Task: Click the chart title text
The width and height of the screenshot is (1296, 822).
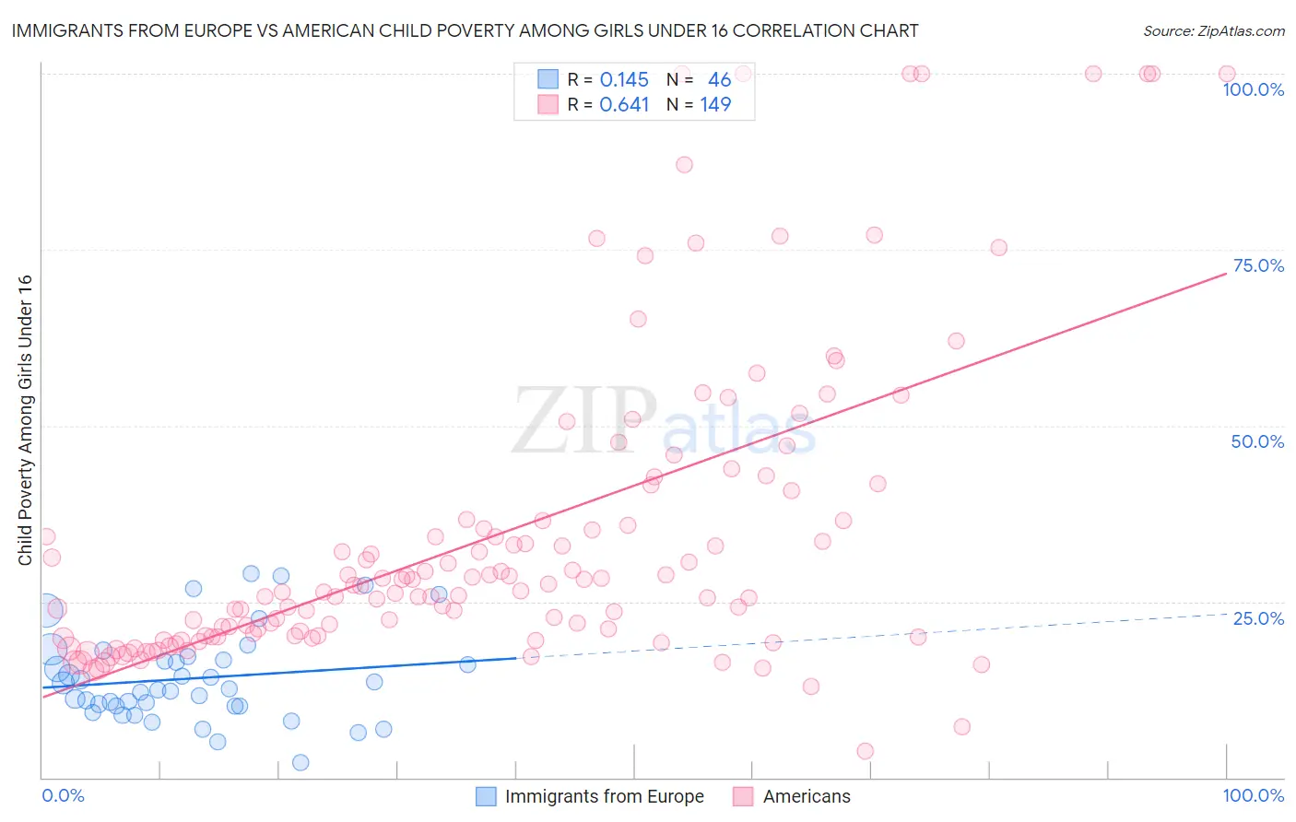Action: (464, 30)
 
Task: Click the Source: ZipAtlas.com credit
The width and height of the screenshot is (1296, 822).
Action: (1213, 30)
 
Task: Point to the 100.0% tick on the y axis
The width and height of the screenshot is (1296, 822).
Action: (1253, 89)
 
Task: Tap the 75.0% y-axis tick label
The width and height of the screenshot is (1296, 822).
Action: (1258, 265)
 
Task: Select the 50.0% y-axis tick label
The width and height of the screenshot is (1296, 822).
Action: (1257, 441)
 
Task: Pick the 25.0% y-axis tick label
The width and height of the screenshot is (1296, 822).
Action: (1258, 617)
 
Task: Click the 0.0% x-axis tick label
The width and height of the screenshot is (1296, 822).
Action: (64, 795)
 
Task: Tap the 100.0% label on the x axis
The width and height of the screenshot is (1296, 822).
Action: (1253, 795)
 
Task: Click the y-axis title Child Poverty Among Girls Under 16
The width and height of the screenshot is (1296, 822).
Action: (25, 420)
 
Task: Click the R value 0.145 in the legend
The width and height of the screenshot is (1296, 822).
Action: (624, 80)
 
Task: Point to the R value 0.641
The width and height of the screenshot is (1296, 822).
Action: (624, 105)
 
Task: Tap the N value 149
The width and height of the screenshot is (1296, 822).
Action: (715, 105)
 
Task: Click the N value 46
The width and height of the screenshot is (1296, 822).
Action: (719, 80)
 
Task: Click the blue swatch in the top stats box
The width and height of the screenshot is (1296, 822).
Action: (548, 80)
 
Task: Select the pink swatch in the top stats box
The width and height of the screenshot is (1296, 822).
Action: (548, 105)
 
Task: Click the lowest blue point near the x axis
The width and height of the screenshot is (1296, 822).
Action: (300, 762)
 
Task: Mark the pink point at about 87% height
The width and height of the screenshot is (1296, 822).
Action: (684, 165)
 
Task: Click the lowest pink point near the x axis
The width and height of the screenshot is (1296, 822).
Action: (865, 751)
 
